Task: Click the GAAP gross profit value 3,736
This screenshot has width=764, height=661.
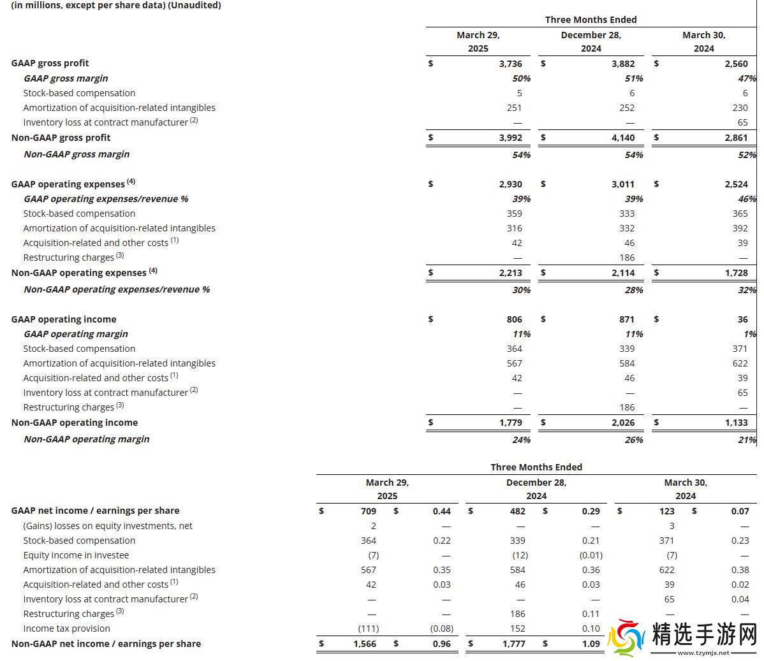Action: pos(510,64)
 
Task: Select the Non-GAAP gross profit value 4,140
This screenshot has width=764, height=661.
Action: pos(623,138)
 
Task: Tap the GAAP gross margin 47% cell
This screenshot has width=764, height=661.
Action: pos(747,78)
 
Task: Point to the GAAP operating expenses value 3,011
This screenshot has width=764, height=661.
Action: pos(623,184)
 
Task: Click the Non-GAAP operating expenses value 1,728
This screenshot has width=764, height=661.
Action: pos(736,273)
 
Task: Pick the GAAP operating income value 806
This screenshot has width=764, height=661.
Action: pos(514,319)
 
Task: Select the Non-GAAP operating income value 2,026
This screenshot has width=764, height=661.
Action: pos(623,423)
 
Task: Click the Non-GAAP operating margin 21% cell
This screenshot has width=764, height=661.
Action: pos(747,439)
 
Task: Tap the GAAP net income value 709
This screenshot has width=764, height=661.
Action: pos(368,511)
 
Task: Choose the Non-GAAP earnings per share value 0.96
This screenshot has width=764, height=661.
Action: pos(441,644)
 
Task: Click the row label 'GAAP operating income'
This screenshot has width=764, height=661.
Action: pos(64,319)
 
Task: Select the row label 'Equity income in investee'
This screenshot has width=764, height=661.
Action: pos(76,555)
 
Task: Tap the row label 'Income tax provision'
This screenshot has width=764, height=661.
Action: pos(66,628)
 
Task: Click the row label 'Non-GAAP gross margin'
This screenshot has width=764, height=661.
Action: pos(77,154)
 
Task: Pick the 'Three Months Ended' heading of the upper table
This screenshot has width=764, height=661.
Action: pos(591,20)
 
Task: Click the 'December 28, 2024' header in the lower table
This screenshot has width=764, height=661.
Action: pos(536,489)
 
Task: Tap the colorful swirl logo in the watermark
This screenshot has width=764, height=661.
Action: pos(626,637)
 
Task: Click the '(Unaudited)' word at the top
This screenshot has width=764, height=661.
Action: pos(195,5)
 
